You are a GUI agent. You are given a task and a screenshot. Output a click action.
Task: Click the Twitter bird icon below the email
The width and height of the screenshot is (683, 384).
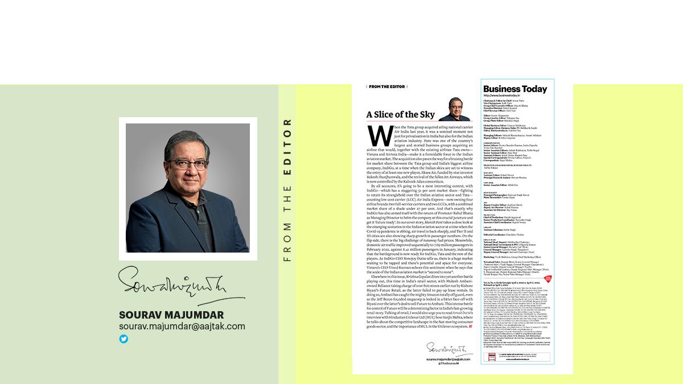tap(124, 339)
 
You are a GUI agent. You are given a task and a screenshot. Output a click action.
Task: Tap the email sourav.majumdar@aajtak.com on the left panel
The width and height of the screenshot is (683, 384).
tap(182, 327)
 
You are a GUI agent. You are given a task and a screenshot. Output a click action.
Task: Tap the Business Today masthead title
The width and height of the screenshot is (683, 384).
tap(515, 89)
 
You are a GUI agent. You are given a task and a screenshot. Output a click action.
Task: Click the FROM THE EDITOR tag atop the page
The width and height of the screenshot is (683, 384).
tap(386, 86)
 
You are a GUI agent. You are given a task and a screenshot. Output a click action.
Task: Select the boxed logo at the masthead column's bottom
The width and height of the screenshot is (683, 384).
tap(492, 358)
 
